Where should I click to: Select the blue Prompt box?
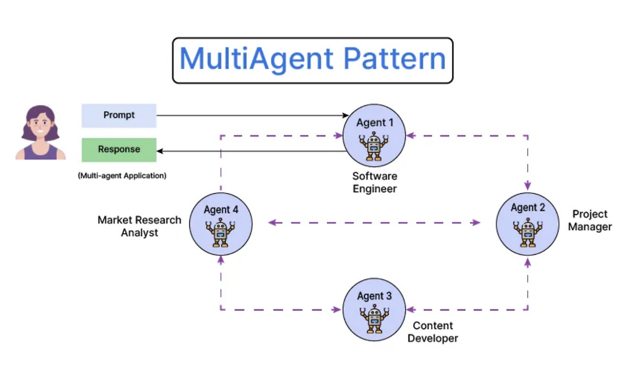click(119, 116)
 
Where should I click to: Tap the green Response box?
click(119, 150)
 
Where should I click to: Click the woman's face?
click(40, 126)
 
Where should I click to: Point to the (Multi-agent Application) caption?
click(122, 176)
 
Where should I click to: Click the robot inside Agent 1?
click(374, 146)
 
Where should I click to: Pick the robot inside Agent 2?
click(527, 233)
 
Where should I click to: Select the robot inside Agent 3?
click(374, 319)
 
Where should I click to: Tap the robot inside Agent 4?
click(220, 233)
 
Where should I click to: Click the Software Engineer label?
click(375, 183)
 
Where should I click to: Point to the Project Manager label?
click(590, 220)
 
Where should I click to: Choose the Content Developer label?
click(433, 332)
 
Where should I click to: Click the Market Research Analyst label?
click(139, 226)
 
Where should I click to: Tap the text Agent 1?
click(375, 123)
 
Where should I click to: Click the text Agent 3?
click(375, 296)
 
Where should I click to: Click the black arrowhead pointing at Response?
click(160, 151)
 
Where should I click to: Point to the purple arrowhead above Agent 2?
click(527, 186)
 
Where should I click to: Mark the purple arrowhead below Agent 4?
click(221, 260)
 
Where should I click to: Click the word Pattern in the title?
click(394, 59)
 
